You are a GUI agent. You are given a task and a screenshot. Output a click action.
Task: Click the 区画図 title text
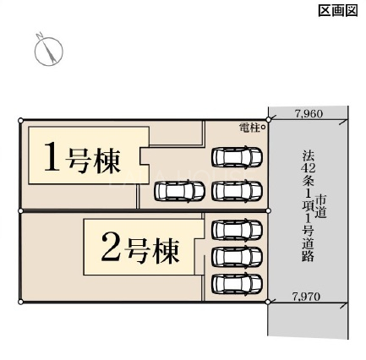point(338,11)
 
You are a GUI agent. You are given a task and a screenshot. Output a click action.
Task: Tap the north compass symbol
point(48,50)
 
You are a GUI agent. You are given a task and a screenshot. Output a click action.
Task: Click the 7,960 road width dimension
point(309,113)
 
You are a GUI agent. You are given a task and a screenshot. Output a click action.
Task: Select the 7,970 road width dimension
point(306,296)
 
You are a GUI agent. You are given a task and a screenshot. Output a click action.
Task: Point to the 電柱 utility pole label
point(249,128)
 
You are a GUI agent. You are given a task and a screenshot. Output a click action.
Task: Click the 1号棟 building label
point(82,157)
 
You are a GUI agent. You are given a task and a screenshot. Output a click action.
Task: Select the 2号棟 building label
point(140,248)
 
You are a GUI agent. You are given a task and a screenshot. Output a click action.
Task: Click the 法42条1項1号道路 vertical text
point(308,205)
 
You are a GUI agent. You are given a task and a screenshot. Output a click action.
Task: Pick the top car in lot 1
point(237,156)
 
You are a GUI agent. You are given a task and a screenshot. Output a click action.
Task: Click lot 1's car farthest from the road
point(179,191)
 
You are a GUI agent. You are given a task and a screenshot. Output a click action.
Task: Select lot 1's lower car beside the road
point(237,191)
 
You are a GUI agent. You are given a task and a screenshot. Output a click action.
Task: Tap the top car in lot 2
point(237,230)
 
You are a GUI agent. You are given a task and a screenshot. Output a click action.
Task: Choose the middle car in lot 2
point(237,257)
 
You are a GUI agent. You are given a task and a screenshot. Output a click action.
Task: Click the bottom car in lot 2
point(237,284)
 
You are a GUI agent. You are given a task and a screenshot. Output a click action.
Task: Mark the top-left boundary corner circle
point(20,121)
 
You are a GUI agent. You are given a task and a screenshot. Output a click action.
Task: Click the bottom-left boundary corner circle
point(20,302)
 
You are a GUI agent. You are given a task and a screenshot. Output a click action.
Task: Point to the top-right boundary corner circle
point(268,120)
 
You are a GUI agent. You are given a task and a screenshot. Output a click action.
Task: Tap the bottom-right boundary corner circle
point(268,302)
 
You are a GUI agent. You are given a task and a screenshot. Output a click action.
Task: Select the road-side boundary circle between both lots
point(268,210)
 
